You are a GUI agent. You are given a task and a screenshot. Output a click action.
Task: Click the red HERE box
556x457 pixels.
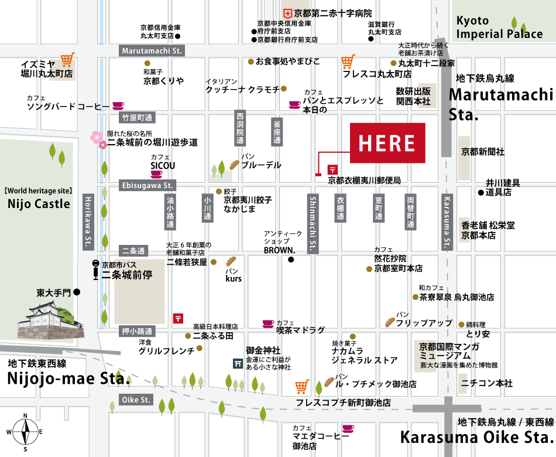tap(387, 143)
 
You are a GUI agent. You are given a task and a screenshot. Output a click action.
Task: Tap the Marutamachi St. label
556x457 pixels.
tap(152, 51)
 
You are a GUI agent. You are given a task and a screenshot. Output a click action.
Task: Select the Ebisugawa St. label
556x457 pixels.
tap(147, 186)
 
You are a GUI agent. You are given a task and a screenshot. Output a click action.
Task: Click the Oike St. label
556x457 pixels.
tap(136, 400)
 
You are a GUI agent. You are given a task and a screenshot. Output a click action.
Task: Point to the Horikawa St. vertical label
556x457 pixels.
tap(88, 221)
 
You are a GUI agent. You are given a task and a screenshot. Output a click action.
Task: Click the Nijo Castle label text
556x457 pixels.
tap(39, 204)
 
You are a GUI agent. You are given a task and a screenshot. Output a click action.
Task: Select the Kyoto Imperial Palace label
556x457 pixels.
tap(499, 28)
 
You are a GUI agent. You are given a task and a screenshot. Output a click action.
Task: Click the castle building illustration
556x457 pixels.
tap(50, 320)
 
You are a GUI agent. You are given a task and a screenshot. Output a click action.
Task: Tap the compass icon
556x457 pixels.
tap(25, 432)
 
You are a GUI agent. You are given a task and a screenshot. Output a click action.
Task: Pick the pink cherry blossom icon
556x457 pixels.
tap(98, 139)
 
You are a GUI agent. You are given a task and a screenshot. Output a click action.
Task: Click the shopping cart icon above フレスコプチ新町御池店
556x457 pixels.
tap(301, 386)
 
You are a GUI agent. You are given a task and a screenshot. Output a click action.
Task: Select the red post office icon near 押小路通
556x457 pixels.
tap(178, 319)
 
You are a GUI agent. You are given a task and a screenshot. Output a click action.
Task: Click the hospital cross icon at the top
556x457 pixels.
tap(287, 13)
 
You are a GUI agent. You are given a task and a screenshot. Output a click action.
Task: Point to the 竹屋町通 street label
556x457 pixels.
tap(137, 118)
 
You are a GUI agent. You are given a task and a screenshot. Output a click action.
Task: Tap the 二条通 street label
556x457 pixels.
tap(133, 251)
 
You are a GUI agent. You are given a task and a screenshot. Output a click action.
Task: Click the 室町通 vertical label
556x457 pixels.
tap(379, 208)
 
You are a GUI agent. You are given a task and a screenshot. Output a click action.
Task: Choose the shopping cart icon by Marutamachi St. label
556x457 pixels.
tap(68, 59)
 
